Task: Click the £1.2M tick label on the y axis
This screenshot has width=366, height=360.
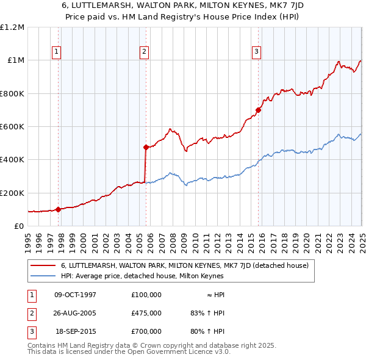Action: pyautogui.click(x=12, y=27)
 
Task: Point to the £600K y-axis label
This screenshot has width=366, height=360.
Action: pyautogui.click(x=12, y=127)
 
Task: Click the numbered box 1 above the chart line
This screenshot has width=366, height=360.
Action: pyautogui.click(x=56, y=52)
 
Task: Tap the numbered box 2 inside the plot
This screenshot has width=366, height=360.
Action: pyautogui.click(x=145, y=52)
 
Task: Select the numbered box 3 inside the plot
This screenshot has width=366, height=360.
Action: pyautogui.click(x=257, y=52)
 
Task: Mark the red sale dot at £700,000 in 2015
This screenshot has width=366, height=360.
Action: pyautogui.click(x=258, y=110)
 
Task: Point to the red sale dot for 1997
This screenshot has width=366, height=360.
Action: pyautogui.click(x=59, y=209)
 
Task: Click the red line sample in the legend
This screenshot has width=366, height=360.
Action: pyautogui.click(x=43, y=265)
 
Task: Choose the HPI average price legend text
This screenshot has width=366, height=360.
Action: pyautogui.click(x=142, y=276)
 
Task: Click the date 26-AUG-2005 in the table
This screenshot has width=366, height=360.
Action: pyautogui.click(x=76, y=312)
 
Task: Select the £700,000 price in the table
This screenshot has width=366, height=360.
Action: pyautogui.click(x=146, y=331)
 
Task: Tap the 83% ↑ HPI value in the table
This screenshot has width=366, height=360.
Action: pyautogui.click(x=208, y=312)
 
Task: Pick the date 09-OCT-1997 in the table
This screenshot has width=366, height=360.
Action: pyautogui.click(x=76, y=294)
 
